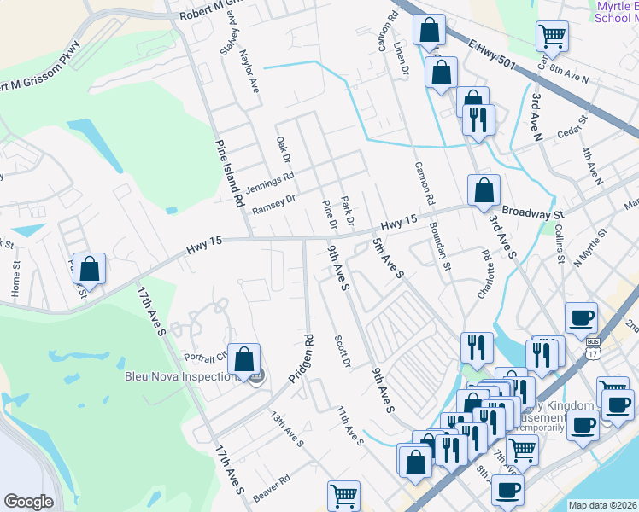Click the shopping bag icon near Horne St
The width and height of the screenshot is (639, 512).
tap(89, 269)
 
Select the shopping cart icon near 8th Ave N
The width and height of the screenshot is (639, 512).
tap(552, 37)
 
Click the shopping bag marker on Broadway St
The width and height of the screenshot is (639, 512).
tap(484, 191)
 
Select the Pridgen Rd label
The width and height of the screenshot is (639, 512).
tap(302, 358)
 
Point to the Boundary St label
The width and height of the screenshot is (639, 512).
tap(440, 246)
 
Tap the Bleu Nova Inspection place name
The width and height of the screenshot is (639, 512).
tap(180, 376)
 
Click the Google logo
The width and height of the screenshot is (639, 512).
tap(29, 502)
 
